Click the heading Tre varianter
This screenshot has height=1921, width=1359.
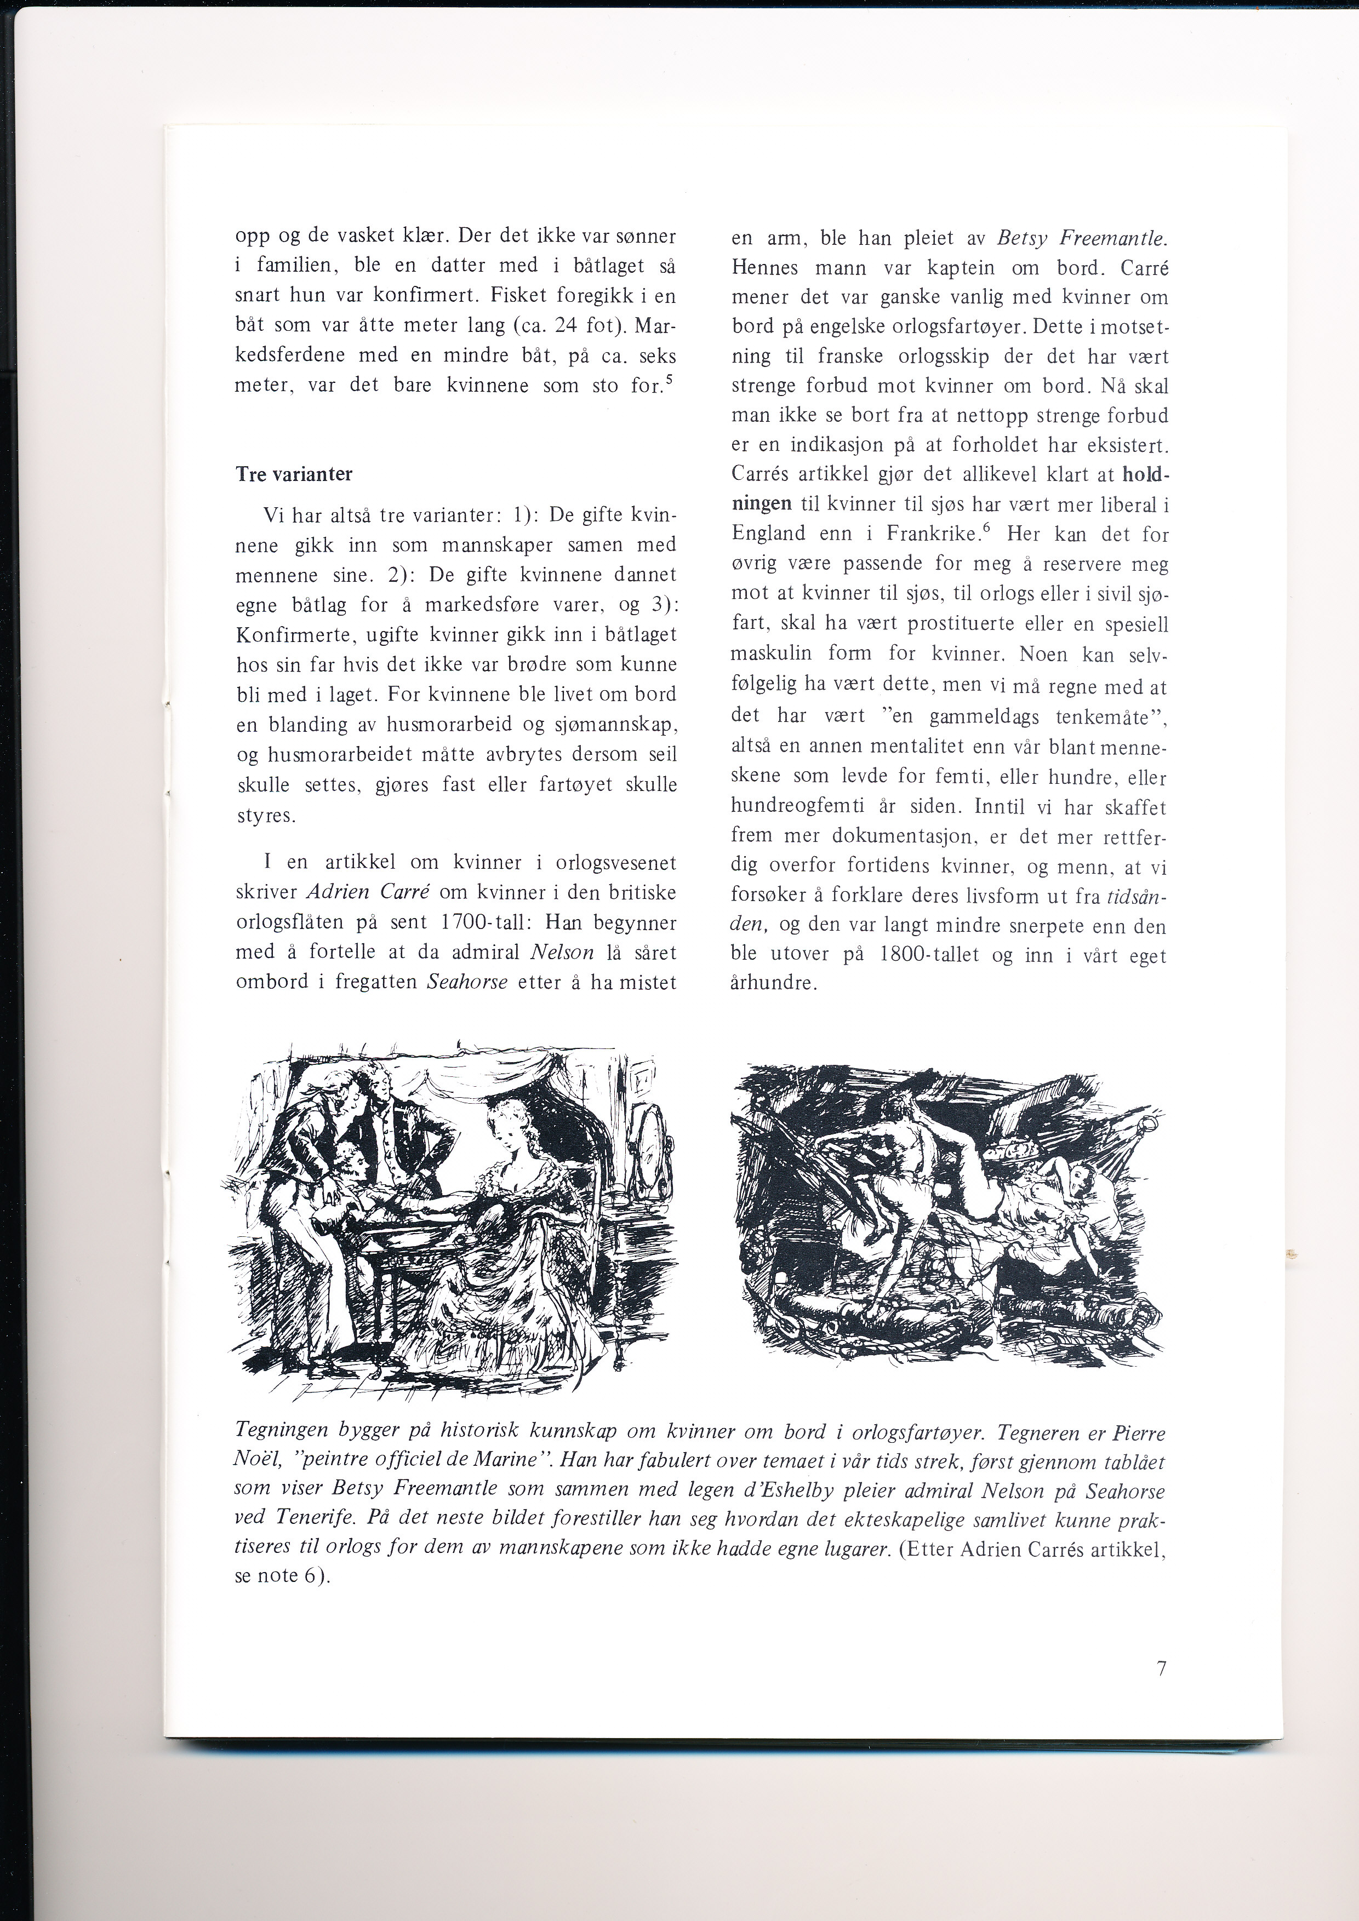pyautogui.click(x=294, y=474)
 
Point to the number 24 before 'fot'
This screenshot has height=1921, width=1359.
pyautogui.click(x=569, y=325)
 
